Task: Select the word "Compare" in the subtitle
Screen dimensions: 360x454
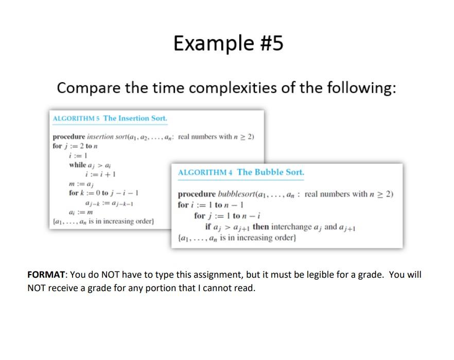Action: [88, 88]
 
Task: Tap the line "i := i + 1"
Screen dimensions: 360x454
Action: [103, 174]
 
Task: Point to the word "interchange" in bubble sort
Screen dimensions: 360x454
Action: [292, 226]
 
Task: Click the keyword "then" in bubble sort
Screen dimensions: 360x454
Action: [261, 226]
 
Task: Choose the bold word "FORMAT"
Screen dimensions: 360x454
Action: [45, 275]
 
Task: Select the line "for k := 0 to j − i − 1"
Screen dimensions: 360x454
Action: [104, 193]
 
